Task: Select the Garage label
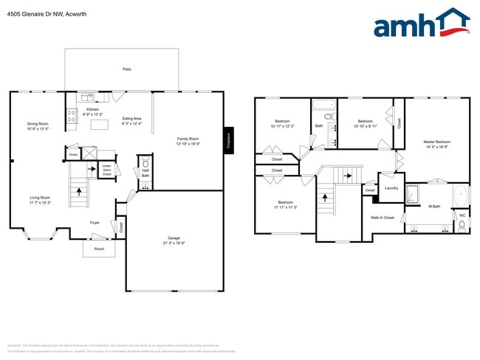pos(174,238)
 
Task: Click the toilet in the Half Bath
pos(145,164)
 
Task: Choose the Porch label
pos(99,249)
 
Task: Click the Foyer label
pos(95,222)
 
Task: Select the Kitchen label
pos(92,109)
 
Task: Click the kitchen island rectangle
pos(99,124)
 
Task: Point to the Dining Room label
pos(38,124)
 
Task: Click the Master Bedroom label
pos(436,142)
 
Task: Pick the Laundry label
pos(391,187)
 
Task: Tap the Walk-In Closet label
pos(383,218)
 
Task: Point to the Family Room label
pos(188,139)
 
